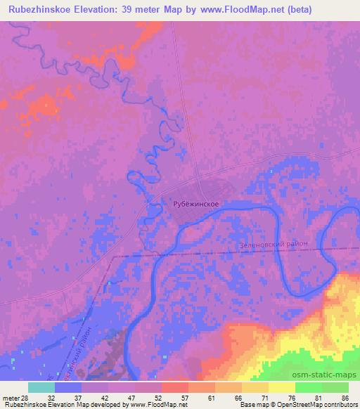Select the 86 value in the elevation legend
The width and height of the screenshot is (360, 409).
(345, 397)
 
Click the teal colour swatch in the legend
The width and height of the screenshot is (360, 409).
(41, 387)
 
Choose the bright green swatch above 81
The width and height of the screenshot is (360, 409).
(308, 387)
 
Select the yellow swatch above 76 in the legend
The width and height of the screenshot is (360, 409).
(281, 387)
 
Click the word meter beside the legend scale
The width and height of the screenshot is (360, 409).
(11, 397)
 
